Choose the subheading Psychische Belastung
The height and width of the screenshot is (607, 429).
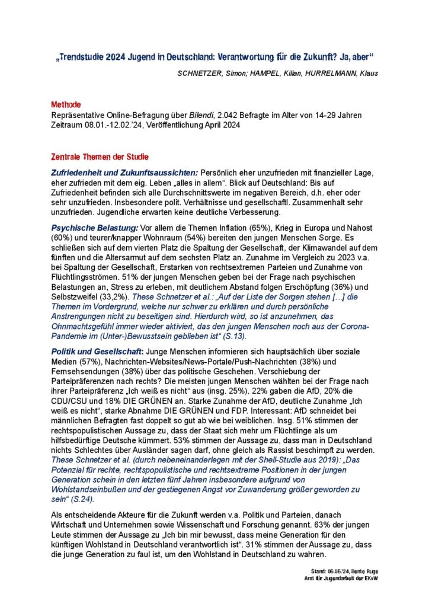point(94,228)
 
